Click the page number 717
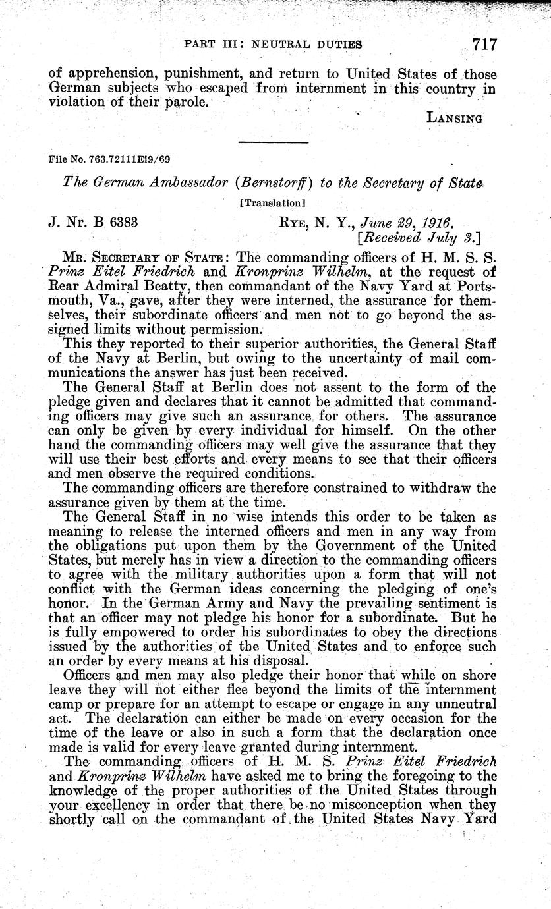484,45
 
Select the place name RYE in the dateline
288,223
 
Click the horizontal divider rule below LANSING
272,142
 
